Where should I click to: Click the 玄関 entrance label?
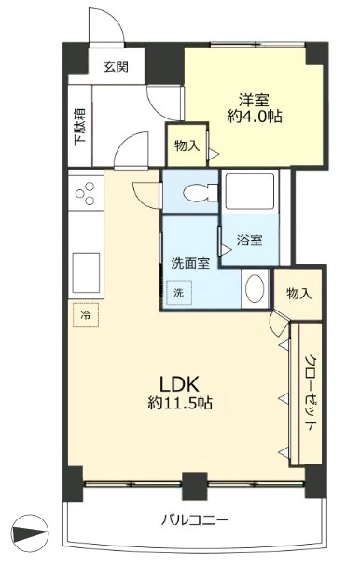point(116,66)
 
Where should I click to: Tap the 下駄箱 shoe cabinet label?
point(80,127)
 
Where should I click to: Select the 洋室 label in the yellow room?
point(255,100)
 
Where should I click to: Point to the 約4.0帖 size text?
point(255,117)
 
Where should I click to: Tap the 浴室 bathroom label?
point(250,240)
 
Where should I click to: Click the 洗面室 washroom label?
point(190,263)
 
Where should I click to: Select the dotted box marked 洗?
point(179,293)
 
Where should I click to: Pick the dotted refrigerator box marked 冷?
point(86,315)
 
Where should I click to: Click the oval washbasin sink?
point(255,288)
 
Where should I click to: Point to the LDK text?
point(180,385)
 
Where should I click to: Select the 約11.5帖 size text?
point(180,403)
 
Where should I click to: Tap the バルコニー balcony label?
point(195,520)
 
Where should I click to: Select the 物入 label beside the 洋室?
point(187,146)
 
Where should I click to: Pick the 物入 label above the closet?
point(298,293)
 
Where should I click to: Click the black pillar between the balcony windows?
point(195,486)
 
